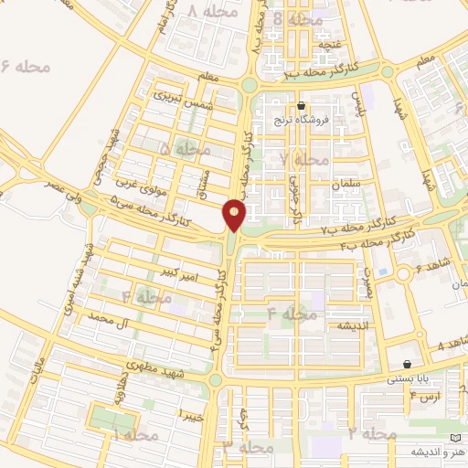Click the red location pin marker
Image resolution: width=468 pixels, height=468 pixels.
pos(235,215)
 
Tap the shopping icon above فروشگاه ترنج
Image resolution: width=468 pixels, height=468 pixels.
pos(301,106)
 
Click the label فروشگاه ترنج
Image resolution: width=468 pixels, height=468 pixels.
pos(301,121)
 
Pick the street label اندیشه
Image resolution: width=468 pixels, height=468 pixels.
pos(353,326)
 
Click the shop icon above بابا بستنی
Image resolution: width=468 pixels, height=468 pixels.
pos(420,363)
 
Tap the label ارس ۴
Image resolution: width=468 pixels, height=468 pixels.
pos(426,397)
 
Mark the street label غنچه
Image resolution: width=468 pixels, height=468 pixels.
pos(328,44)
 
